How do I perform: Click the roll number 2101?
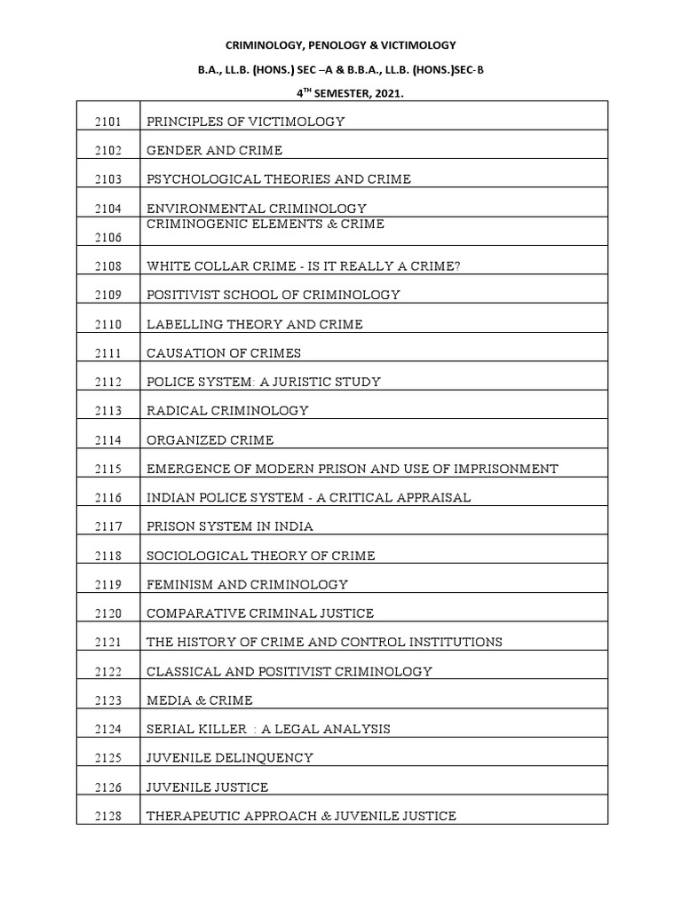(108, 122)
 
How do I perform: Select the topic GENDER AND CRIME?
(214, 151)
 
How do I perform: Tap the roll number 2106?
(108, 238)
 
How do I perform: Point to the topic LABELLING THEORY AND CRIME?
(255, 324)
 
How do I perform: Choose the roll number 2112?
(108, 382)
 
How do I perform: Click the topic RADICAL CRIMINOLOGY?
(227, 410)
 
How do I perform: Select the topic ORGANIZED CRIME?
(210, 439)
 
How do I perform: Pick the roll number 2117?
(108, 526)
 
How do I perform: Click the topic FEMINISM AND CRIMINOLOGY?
(247, 584)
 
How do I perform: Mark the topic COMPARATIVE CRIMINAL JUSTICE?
(260, 613)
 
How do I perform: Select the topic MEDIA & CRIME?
(200, 700)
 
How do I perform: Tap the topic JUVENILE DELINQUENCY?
(230, 758)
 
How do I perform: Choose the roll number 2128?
(108, 816)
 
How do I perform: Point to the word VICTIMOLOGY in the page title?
(415, 44)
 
